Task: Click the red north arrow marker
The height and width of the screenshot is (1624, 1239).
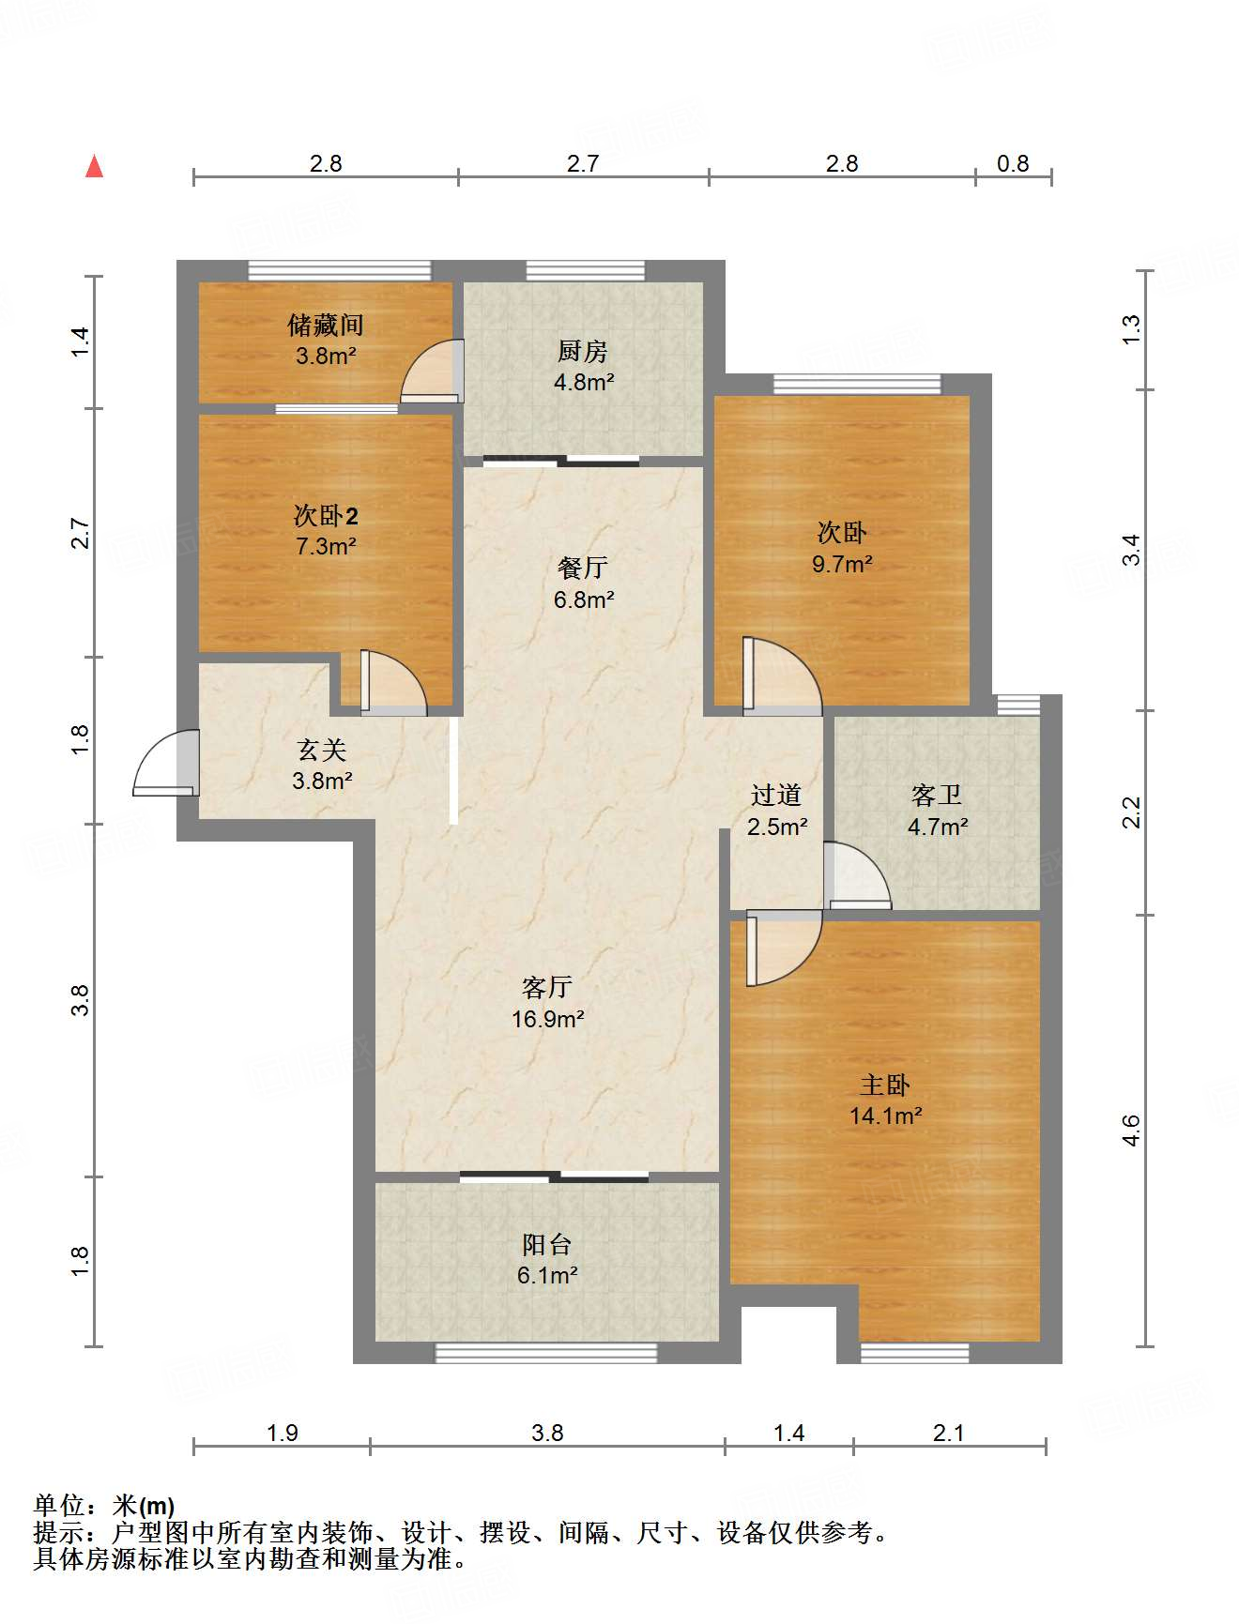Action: tap(94, 167)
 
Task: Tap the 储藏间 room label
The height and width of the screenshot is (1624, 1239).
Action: tap(325, 326)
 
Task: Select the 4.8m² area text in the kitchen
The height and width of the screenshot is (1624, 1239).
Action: tap(583, 382)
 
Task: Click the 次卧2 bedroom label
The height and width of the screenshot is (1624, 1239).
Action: tap(325, 515)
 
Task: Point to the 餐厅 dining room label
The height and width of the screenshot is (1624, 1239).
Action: tap(583, 568)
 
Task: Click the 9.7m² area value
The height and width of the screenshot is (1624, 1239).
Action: tap(842, 564)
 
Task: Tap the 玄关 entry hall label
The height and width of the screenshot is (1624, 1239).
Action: tap(322, 750)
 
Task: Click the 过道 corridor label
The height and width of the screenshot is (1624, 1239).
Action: tap(776, 796)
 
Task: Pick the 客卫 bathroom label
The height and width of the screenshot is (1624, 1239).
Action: tap(937, 796)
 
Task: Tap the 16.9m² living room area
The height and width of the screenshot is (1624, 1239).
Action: tap(547, 1019)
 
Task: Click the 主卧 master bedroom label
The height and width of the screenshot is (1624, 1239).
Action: tap(885, 1085)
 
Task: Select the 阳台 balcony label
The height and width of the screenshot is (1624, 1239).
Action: tap(547, 1245)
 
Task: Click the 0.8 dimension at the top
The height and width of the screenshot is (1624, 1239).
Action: tap(1013, 163)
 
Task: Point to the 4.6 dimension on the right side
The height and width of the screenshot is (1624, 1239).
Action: tap(1131, 1131)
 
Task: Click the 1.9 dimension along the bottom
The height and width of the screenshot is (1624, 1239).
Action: tap(283, 1433)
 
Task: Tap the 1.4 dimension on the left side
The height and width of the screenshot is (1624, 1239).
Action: tap(81, 341)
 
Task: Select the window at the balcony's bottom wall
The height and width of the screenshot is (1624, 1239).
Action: tap(546, 1352)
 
